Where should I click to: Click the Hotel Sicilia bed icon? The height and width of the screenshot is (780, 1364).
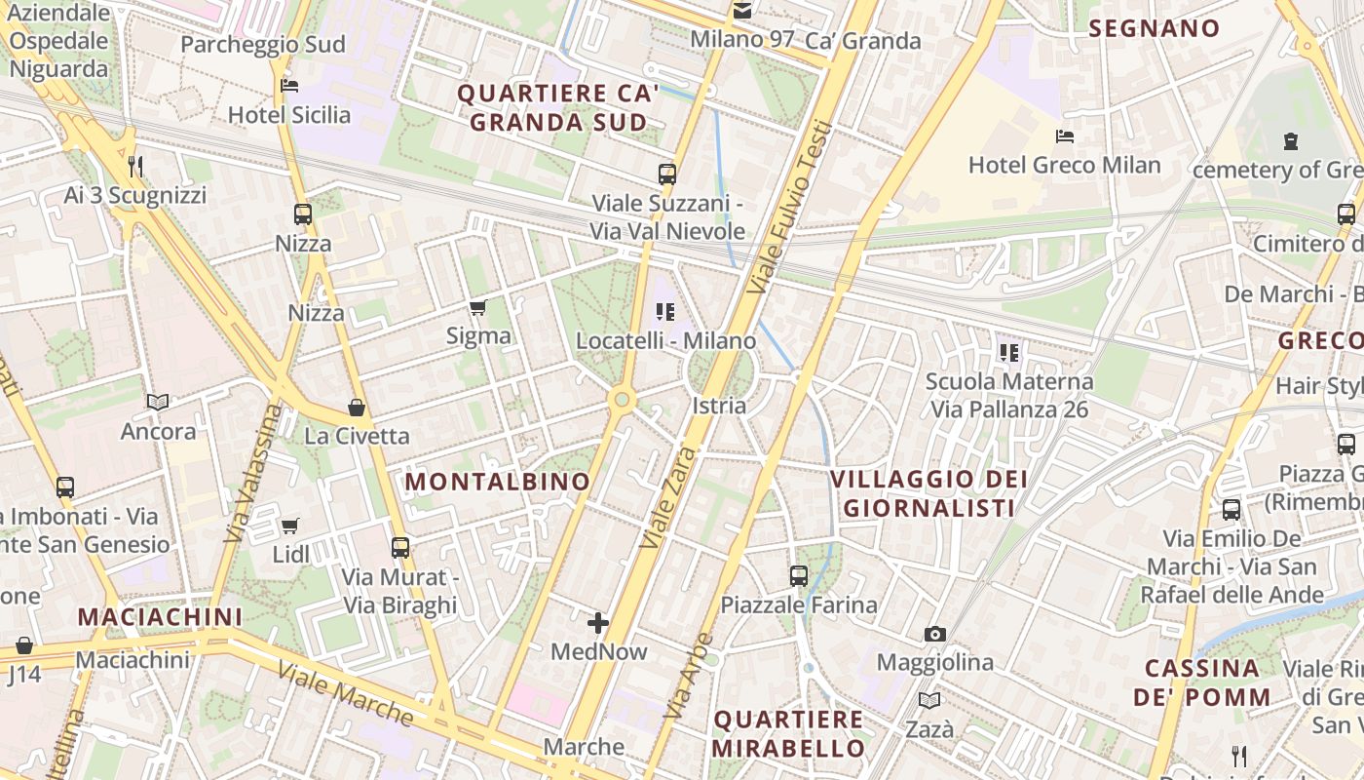point(289,86)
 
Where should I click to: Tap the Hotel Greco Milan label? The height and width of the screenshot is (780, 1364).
point(1064,165)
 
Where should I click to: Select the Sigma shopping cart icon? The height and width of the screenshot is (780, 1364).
point(477,308)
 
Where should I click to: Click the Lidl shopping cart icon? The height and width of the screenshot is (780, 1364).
point(289,526)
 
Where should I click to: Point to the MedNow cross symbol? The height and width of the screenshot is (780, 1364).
point(598,623)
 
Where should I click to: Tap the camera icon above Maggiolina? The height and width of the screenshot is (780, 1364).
point(935,635)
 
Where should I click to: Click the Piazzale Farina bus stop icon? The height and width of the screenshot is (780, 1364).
point(799,576)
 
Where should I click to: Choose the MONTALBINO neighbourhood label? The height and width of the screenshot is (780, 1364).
point(498,482)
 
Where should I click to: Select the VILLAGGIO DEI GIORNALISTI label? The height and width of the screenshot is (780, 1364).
point(929,493)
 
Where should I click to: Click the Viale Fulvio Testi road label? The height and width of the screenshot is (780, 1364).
point(791,207)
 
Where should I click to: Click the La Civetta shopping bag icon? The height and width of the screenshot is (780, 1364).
point(357,408)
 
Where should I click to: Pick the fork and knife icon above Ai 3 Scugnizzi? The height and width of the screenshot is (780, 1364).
point(135,167)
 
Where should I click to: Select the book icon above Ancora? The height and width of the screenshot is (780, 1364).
point(158,402)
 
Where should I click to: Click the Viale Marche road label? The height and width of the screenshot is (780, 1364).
point(345,693)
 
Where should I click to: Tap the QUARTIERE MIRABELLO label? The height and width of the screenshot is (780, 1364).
point(788,734)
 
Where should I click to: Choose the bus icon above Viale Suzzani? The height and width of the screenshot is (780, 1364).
point(667,175)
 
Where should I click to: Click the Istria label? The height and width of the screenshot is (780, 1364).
point(719,406)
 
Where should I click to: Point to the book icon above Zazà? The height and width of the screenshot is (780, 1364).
point(929,701)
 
